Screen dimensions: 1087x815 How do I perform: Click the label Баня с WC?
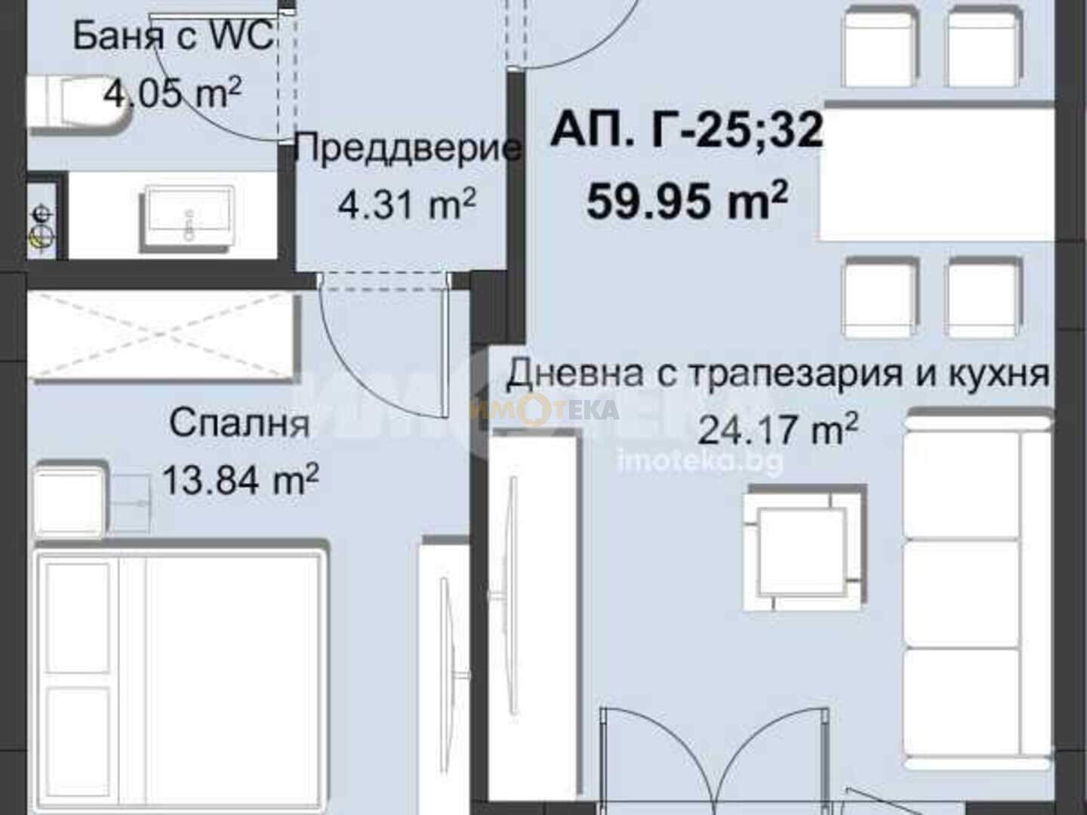(173, 37)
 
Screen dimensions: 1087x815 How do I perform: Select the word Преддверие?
(407, 148)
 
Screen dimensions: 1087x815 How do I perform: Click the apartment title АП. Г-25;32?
(687, 129)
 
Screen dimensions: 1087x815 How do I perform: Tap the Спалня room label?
(240, 424)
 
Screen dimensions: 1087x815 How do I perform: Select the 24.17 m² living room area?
(778, 429)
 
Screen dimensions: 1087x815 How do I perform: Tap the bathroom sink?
(188, 215)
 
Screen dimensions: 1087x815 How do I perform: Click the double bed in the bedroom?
(180, 677)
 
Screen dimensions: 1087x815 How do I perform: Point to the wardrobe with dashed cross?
(162, 337)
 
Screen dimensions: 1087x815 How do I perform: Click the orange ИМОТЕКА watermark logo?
(543, 410)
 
